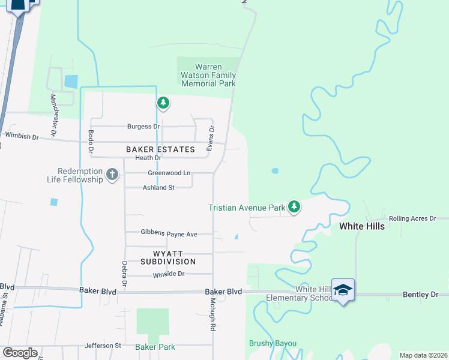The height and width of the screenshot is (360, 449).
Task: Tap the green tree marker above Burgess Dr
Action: click(x=163, y=103)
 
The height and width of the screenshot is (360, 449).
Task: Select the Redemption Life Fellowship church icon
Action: click(x=112, y=175)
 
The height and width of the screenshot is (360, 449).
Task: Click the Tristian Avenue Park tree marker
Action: click(x=294, y=207)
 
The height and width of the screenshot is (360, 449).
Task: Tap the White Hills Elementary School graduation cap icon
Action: click(x=343, y=290)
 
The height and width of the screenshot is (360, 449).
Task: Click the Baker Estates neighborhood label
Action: click(x=160, y=149)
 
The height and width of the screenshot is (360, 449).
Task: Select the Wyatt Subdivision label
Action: click(x=168, y=257)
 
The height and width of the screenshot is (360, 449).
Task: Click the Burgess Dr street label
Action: click(x=143, y=127)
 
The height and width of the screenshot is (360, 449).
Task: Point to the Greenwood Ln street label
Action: click(x=169, y=173)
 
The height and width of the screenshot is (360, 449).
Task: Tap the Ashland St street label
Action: click(x=158, y=188)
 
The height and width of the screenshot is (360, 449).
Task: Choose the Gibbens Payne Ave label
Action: click(x=169, y=233)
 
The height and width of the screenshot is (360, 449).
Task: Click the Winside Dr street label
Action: click(x=168, y=274)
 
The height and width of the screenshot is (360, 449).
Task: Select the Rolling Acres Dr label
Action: click(x=412, y=218)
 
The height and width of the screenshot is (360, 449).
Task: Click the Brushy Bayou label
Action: click(x=273, y=343)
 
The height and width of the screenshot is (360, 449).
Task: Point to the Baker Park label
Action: click(x=155, y=347)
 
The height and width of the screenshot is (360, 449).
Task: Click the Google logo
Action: click(x=20, y=353)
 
